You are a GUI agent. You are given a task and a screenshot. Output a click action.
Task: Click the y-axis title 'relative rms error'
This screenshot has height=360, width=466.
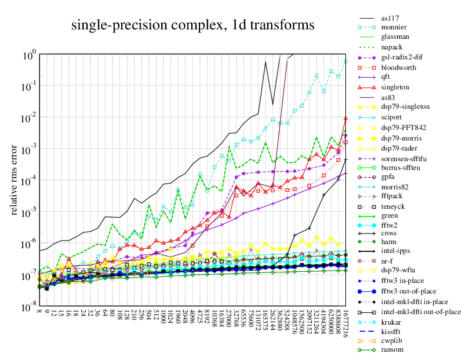[14, 179]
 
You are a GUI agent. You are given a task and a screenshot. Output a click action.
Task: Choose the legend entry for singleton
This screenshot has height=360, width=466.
[394, 87]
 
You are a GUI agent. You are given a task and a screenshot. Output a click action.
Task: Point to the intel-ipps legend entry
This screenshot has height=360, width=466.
[395, 251]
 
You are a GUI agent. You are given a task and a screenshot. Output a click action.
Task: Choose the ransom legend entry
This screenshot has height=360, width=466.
[392, 350]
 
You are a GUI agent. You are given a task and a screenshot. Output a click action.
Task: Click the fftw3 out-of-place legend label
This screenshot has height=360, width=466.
[408, 291]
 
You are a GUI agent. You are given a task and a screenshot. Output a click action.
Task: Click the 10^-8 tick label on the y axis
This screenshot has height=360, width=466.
[29, 308]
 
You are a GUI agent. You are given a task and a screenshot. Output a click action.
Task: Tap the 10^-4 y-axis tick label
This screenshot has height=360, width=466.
[29, 181]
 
